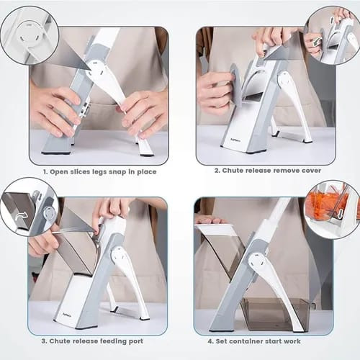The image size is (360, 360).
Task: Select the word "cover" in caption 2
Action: tap(311, 171)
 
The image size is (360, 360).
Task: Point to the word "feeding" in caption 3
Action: tap(115, 341)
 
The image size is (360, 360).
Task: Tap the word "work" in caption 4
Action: tap(292, 341)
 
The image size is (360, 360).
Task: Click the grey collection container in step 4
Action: tap(276, 313)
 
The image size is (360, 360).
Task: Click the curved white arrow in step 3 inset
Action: tap(21, 216)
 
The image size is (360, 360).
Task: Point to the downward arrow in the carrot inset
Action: tap(340, 215)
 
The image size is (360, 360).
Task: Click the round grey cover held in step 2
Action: tap(237, 86)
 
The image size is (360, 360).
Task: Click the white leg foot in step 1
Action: tap(145, 148)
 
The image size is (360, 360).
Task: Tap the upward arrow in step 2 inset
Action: tap(332, 20)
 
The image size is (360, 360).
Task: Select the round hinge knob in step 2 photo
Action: tap(286, 81)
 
